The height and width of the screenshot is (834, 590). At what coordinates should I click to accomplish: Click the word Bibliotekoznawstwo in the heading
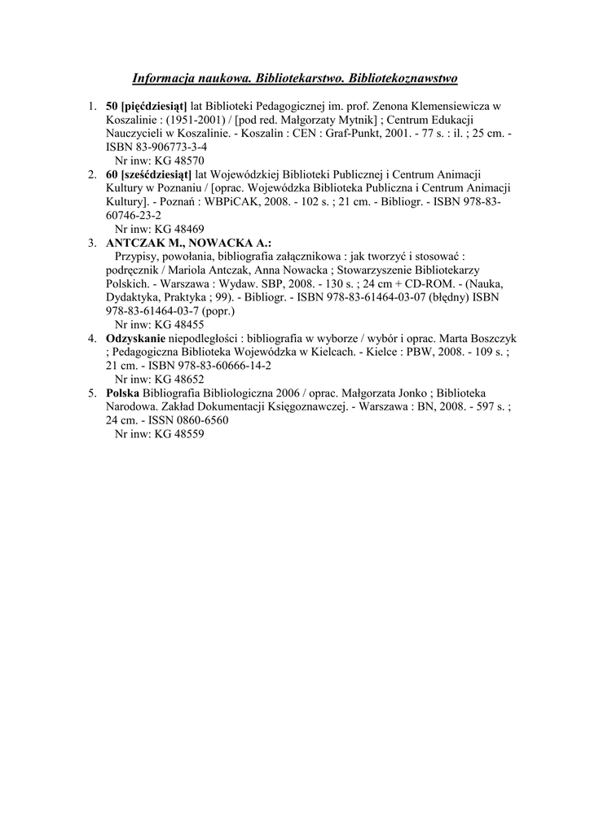pos(403,78)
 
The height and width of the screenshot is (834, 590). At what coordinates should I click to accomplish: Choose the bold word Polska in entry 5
pos(123,393)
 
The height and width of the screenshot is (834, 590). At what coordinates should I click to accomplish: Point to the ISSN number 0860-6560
pos(196,420)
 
